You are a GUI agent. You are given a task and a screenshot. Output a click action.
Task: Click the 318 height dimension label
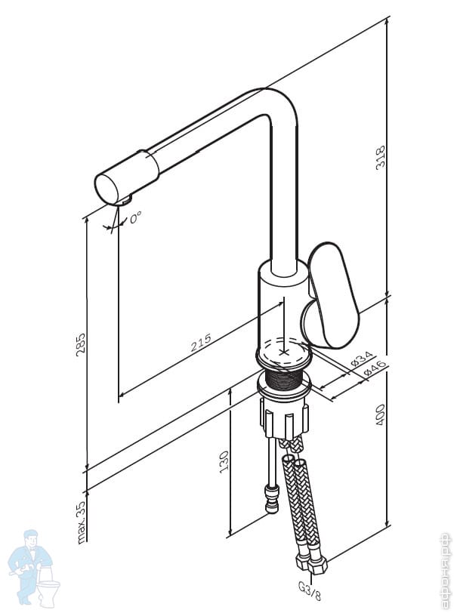(381, 158)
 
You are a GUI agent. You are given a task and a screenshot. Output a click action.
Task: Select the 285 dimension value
(80, 345)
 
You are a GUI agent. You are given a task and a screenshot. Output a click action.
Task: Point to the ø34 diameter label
(361, 359)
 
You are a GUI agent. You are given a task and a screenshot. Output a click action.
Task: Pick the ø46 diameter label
(374, 368)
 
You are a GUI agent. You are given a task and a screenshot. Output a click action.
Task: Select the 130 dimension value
(224, 462)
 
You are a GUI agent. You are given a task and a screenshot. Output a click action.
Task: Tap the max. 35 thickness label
(81, 522)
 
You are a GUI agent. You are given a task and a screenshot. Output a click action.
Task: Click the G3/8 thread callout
(310, 592)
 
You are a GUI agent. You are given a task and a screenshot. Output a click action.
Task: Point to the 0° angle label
(135, 217)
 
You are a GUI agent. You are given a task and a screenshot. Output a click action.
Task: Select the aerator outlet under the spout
(125, 201)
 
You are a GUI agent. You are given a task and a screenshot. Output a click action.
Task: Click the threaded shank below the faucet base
(285, 377)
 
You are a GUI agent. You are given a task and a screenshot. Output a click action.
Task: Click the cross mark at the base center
(284, 352)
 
